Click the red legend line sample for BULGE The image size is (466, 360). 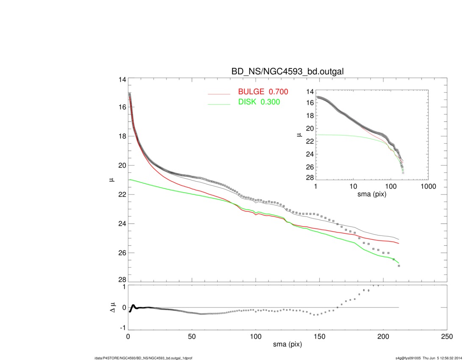click(x=219, y=93)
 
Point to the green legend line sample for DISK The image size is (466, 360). click(x=219, y=104)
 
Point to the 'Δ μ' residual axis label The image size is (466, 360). click(x=112, y=307)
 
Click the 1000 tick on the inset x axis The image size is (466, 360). click(x=428, y=187)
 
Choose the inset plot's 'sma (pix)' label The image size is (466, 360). click(x=372, y=195)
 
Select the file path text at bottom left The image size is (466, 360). click(x=143, y=358)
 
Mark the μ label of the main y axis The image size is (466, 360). click(x=111, y=180)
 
